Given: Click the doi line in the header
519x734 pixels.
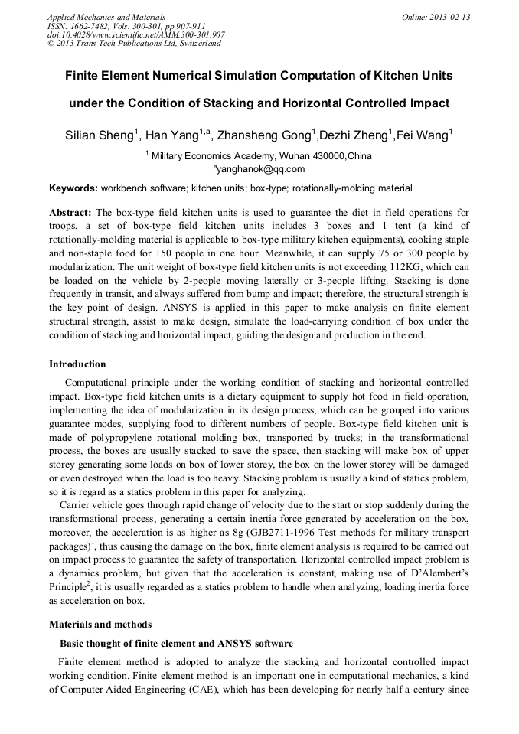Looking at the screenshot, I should pyautogui.click(x=135, y=34).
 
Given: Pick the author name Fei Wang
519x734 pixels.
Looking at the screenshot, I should pyautogui.click(x=423, y=135).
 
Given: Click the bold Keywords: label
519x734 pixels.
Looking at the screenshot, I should pyautogui.click(x=73, y=188).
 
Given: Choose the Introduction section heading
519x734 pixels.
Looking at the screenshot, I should pyautogui.click(x=77, y=364).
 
